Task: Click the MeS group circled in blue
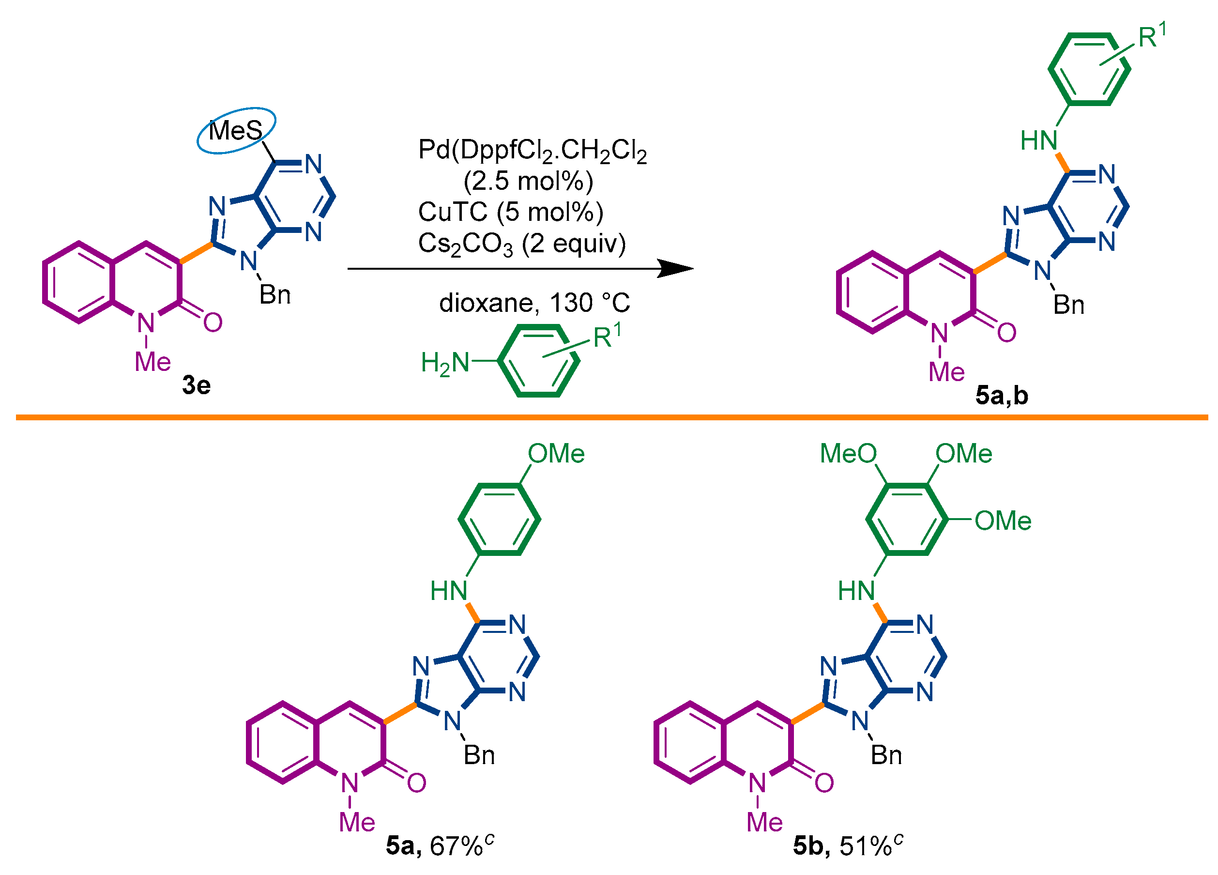click(x=236, y=131)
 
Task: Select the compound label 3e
click(x=197, y=385)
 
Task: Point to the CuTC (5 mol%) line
click(x=511, y=212)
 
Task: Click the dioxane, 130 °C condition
click(x=534, y=303)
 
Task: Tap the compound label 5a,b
click(x=1002, y=396)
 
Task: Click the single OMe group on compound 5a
click(x=556, y=454)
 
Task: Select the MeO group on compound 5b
click(x=848, y=454)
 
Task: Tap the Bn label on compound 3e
click(x=275, y=295)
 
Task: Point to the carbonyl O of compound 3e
click(x=213, y=323)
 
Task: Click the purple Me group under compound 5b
click(x=765, y=823)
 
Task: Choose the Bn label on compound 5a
click(x=479, y=756)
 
